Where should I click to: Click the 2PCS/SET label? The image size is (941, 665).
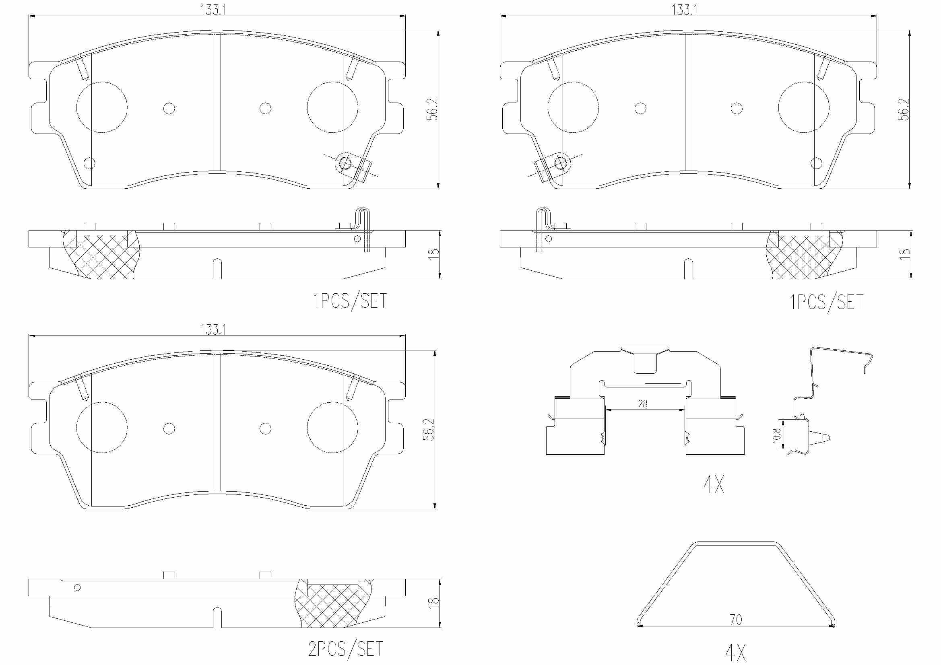[x=345, y=649]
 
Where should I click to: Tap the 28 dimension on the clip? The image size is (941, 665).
[x=643, y=404]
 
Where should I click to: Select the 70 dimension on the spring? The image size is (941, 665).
[x=736, y=620]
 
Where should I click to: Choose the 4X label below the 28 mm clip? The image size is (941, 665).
[x=714, y=484]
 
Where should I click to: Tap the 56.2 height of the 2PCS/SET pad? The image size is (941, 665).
[x=429, y=429]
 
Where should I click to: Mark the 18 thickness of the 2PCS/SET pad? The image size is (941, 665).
[x=433, y=603]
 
